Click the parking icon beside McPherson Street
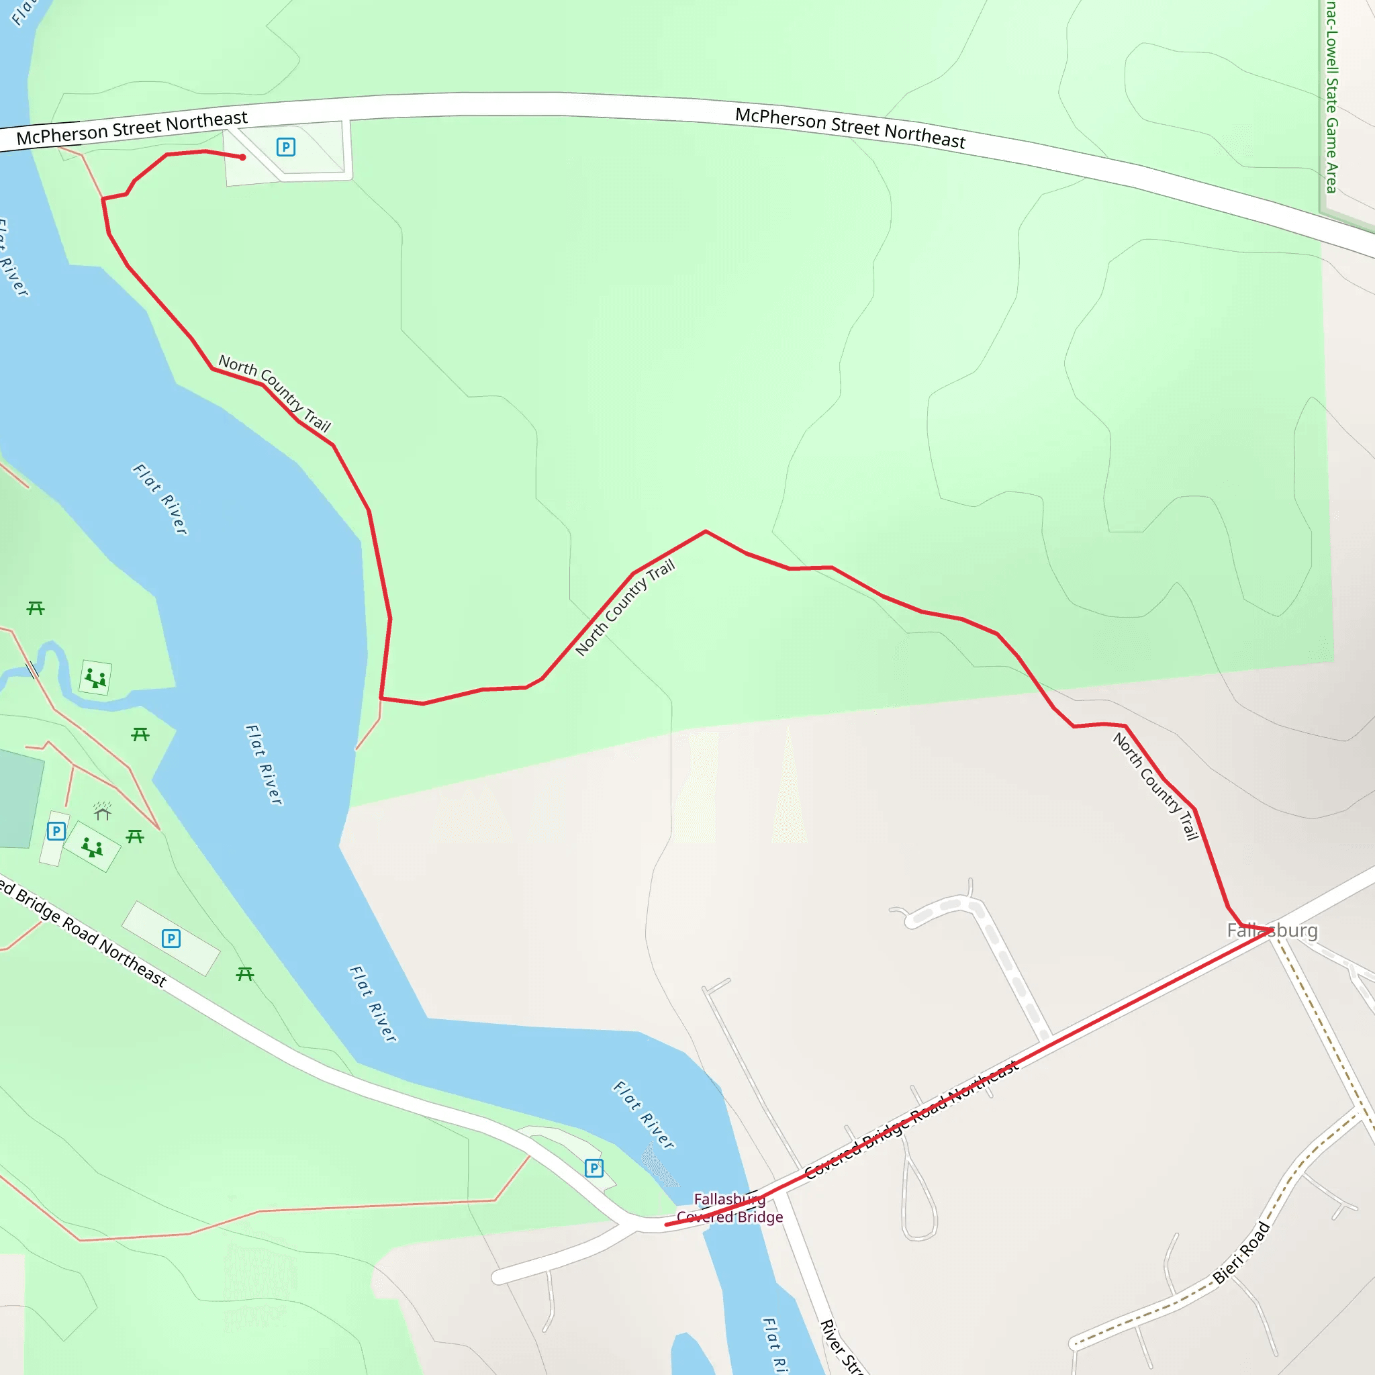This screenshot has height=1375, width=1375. tap(285, 147)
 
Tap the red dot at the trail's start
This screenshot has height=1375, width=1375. tap(242, 157)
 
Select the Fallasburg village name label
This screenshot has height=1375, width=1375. tap(1272, 930)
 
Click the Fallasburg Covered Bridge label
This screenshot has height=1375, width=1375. tap(730, 1208)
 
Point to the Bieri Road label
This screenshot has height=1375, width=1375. tap(1241, 1253)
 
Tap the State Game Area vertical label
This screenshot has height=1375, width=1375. tap(1331, 96)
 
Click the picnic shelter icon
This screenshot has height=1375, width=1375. tap(103, 810)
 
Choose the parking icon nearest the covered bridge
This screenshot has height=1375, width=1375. tap(594, 1168)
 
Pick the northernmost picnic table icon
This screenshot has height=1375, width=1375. tap(36, 608)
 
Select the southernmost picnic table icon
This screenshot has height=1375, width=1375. tap(245, 974)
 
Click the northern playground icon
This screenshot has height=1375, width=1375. tap(95, 677)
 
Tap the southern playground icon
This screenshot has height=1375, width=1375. tap(92, 847)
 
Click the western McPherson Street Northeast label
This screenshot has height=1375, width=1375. tap(132, 128)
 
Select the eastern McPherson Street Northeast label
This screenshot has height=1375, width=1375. tap(850, 128)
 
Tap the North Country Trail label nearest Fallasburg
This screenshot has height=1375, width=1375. tap(1156, 786)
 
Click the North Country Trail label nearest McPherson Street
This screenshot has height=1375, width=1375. tap(275, 393)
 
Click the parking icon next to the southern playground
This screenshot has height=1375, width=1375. tap(56, 831)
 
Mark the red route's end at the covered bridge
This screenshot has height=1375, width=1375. tap(667, 1225)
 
